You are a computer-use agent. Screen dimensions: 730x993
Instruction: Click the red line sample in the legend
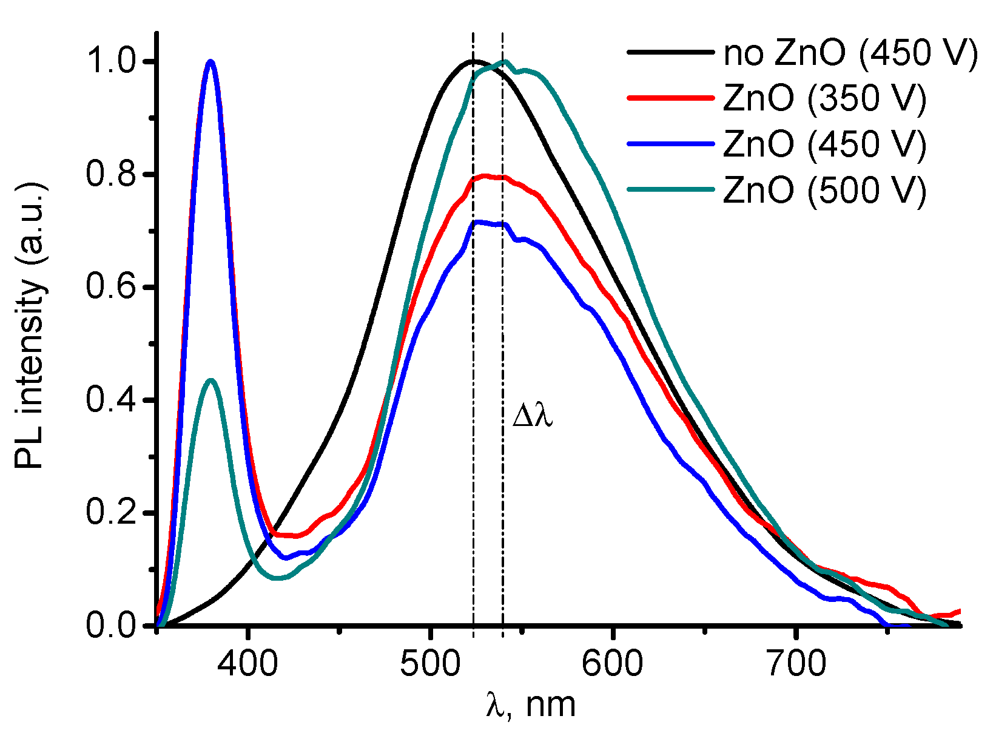(669, 98)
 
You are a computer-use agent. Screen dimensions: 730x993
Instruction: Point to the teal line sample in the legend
(669, 189)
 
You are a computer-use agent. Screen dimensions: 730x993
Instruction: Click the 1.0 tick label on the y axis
(113, 62)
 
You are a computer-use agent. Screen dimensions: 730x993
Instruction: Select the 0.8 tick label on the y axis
(113, 175)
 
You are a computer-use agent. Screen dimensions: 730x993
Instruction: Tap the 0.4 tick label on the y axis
(113, 400)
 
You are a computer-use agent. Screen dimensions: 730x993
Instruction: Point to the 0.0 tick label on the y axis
(113, 626)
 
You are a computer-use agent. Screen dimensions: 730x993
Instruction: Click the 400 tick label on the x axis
(248, 664)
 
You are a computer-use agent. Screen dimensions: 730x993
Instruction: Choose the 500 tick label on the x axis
(430, 664)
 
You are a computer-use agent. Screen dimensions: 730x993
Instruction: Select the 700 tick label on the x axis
(795, 664)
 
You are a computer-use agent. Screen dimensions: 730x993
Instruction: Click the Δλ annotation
(533, 417)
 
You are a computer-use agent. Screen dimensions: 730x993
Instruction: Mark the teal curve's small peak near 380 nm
(211, 380)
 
